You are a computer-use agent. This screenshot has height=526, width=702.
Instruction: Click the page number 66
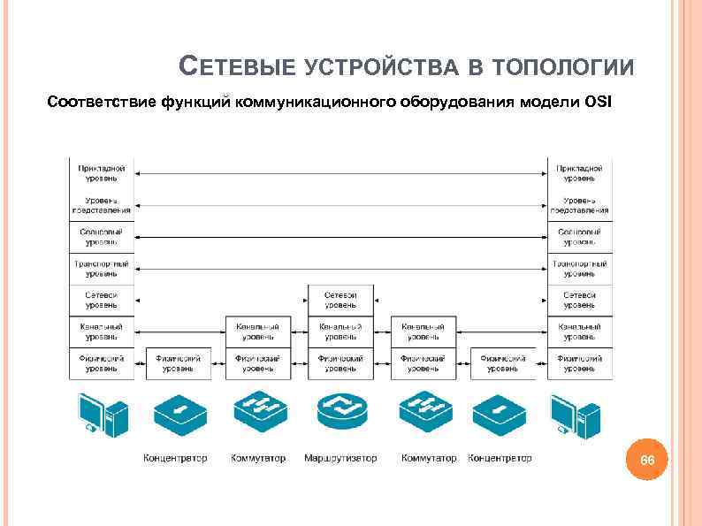click(x=647, y=461)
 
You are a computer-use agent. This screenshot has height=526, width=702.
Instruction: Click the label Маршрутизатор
click(x=340, y=458)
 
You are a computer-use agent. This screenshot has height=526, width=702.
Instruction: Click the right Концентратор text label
click(x=500, y=458)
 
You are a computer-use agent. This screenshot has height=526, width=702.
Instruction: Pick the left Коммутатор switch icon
click(x=259, y=414)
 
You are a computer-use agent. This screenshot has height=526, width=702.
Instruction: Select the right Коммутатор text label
click(x=429, y=458)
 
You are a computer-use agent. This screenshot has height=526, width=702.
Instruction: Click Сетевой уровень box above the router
click(x=340, y=300)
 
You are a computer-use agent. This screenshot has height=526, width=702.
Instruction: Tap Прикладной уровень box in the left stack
click(x=102, y=172)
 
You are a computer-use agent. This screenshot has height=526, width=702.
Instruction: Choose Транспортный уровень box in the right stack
click(x=579, y=268)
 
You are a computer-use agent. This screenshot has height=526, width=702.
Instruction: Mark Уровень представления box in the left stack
click(x=102, y=204)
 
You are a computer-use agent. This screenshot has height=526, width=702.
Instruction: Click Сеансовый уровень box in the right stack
click(x=579, y=236)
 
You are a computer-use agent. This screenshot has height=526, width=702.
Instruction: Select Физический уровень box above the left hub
click(x=179, y=363)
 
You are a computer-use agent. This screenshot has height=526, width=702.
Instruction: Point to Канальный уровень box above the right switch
click(x=423, y=332)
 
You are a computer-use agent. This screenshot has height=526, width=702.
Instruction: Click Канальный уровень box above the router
click(x=340, y=332)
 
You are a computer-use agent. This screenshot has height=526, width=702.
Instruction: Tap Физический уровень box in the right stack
click(x=579, y=363)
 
